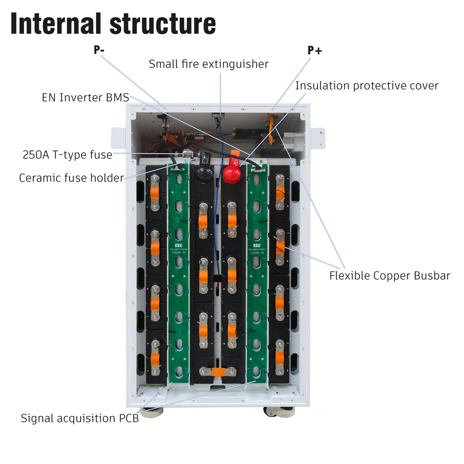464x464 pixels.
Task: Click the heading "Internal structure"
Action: tap(113, 24)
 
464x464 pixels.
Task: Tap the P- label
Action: tap(99, 50)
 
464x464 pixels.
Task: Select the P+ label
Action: tap(314, 50)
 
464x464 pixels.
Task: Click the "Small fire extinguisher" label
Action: tap(208, 64)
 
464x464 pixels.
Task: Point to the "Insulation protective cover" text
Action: tap(367, 86)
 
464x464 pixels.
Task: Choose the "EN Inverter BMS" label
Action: tap(85, 97)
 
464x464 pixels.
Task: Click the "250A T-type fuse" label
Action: tap(68, 155)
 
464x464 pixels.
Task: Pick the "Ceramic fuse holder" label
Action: tap(71, 178)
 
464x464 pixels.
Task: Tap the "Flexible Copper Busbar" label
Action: tap(389, 275)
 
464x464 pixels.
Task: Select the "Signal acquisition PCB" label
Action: tap(79, 418)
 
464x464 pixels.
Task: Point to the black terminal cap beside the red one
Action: tap(204, 166)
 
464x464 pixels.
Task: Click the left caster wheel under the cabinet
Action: tap(151, 412)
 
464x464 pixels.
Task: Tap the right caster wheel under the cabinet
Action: tap(279, 411)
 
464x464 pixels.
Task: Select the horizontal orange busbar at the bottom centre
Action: tap(218, 372)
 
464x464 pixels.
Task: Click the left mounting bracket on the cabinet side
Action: tap(118, 138)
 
